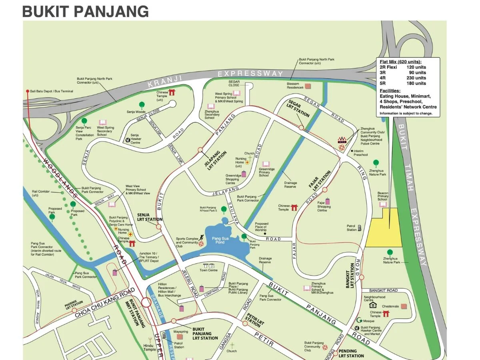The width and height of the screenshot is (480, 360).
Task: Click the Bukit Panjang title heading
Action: click(85, 11)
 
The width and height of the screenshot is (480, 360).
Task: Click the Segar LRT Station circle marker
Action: click(301, 128)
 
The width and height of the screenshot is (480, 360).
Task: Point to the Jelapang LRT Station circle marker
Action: click(200, 150)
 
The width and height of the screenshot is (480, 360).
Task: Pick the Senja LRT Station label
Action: click(149, 217)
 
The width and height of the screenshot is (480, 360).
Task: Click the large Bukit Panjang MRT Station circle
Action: click(146, 302)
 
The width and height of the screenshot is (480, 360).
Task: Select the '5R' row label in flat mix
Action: click(383, 83)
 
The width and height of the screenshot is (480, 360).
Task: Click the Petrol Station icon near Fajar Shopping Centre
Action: click(359, 228)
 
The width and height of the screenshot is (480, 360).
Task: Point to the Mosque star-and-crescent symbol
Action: click(360, 321)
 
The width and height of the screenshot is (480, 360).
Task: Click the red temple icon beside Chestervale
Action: click(386, 314)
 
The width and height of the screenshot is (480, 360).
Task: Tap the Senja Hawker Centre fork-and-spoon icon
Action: click(128, 140)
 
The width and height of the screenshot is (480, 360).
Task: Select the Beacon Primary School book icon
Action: click(383, 204)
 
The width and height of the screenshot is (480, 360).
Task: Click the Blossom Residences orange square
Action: click(308, 86)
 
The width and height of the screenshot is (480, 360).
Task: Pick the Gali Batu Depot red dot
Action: click(28, 91)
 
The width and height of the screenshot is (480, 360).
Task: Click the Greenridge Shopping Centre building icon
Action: click(244, 174)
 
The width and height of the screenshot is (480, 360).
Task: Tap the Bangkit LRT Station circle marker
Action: click(361, 277)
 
